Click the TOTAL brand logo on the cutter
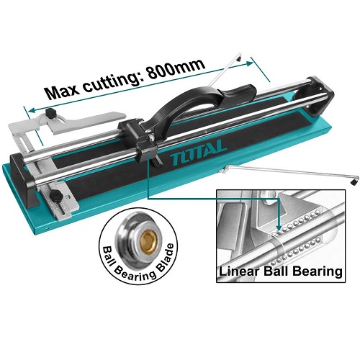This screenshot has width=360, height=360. coord(199,153)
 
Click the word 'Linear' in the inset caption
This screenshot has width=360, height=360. coord(239,271)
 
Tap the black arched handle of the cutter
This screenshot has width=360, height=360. coord(189,105)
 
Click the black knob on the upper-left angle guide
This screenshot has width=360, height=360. coord(51,112)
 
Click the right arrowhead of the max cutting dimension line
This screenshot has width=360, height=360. coord(249,63)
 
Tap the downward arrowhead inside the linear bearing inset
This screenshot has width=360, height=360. coord(279,227)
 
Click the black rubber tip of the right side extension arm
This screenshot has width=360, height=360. coord(353,182)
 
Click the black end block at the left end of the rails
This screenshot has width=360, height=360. coord(24,179)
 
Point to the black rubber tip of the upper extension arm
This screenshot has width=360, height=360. coord(239,59)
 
